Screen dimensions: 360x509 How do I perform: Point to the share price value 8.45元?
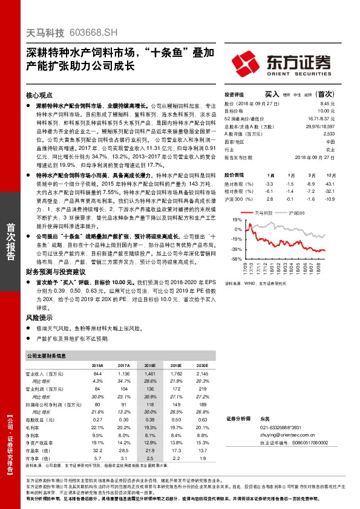click(x=327, y=103)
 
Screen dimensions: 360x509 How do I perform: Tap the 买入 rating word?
click(x=272, y=94)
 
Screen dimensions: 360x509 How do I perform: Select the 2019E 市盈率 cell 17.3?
click(x=176, y=450)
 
